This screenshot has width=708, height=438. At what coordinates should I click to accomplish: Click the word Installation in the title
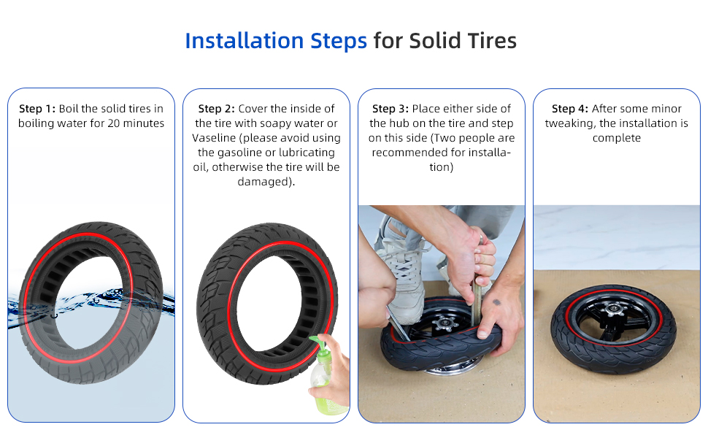245,41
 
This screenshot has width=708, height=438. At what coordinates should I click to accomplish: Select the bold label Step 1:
37,109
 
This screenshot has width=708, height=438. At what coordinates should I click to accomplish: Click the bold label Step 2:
216,109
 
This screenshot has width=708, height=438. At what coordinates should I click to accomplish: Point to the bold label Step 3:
390,109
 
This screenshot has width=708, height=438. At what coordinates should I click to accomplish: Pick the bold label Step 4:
570,109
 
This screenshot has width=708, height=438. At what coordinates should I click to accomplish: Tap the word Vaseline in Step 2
212,138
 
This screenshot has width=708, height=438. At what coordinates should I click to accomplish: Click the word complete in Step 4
616,139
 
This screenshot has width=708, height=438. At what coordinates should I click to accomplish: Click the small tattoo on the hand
496,302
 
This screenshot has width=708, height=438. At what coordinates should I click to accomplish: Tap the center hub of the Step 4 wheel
612,310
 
